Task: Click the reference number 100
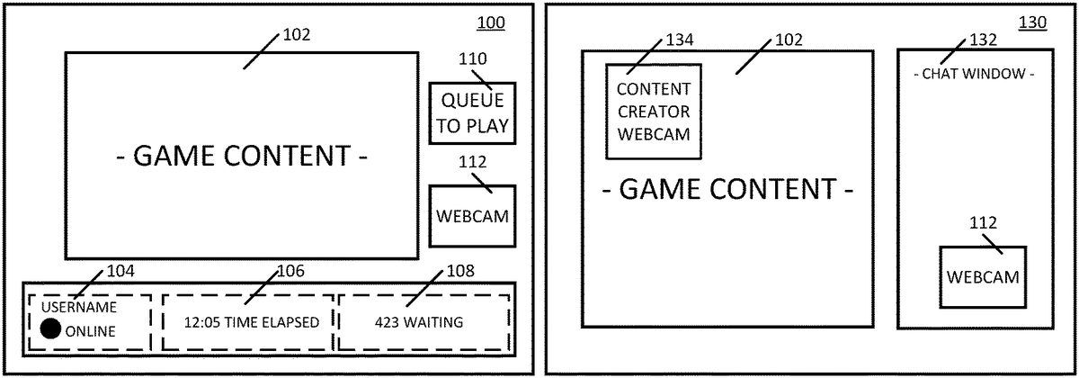[x=490, y=22]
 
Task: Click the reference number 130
[x=1032, y=22]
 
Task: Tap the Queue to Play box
[x=473, y=113]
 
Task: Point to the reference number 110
[x=472, y=59]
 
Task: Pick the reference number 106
[x=290, y=270]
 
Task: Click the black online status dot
[x=50, y=330]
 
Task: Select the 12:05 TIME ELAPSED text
[x=251, y=322]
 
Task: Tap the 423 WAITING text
[x=419, y=322]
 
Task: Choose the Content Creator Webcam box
[x=654, y=112]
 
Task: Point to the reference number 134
[x=680, y=40]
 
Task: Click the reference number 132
[x=983, y=40]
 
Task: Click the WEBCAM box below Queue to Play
[x=472, y=216]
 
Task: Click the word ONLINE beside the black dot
[x=91, y=331]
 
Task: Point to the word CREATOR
[x=654, y=112]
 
